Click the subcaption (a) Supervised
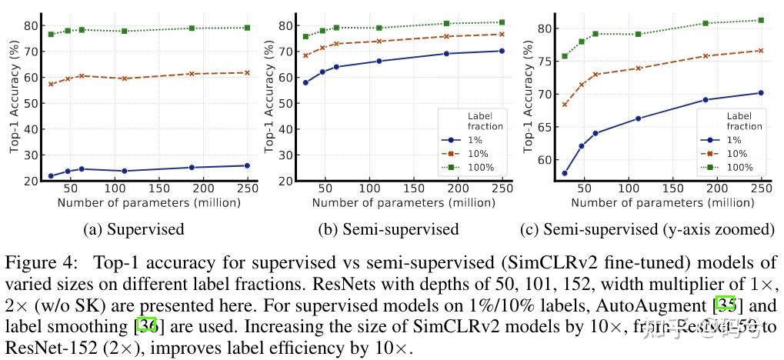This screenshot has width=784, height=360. [x=135, y=228]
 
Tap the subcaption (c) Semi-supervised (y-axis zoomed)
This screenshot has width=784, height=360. [x=648, y=228]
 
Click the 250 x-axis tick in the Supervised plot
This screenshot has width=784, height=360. [x=245, y=190]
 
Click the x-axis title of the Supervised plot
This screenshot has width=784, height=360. [x=148, y=203]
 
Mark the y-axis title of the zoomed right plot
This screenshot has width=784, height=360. [x=528, y=96]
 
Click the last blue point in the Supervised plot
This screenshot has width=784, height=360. [x=246, y=165]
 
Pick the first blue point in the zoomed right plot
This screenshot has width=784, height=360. [x=565, y=173]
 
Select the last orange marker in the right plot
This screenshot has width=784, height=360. [x=760, y=51]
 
